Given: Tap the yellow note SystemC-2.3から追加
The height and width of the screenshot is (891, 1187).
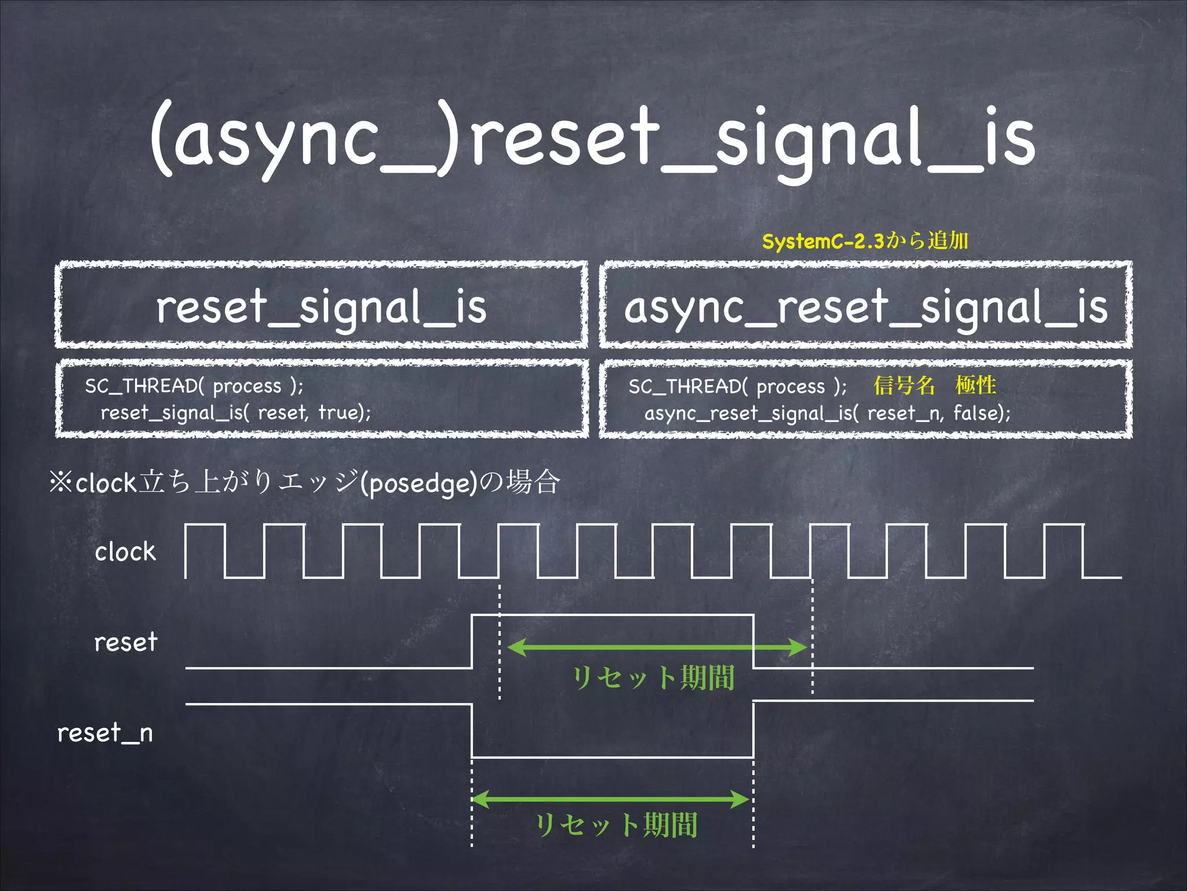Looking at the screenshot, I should click(x=865, y=241).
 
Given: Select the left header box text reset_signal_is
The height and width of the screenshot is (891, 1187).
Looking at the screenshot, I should click(x=321, y=307).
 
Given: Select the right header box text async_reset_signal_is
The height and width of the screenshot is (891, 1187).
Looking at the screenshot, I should click(x=866, y=307).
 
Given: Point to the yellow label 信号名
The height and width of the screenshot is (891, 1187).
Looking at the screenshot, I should click(x=904, y=385).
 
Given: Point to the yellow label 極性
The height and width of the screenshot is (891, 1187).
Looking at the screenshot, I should click(x=976, y=385).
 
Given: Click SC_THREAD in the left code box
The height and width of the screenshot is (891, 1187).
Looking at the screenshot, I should click(x=141, y=386).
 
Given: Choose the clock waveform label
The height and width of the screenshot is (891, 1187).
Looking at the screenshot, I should click(x=125, y=552).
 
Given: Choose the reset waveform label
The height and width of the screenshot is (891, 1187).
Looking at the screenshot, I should click(x=126, y=642).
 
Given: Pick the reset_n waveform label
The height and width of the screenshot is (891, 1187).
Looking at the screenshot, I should click(x=105, y=733).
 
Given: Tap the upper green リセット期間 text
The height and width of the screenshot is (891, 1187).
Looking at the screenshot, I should click(x=653, y=677).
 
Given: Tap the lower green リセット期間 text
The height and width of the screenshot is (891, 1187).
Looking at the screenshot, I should click(x=616, y=824).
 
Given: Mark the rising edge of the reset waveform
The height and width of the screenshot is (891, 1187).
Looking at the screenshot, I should click(x=472, y=642).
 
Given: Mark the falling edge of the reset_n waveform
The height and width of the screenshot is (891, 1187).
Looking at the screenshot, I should click(x=472, y=731).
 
